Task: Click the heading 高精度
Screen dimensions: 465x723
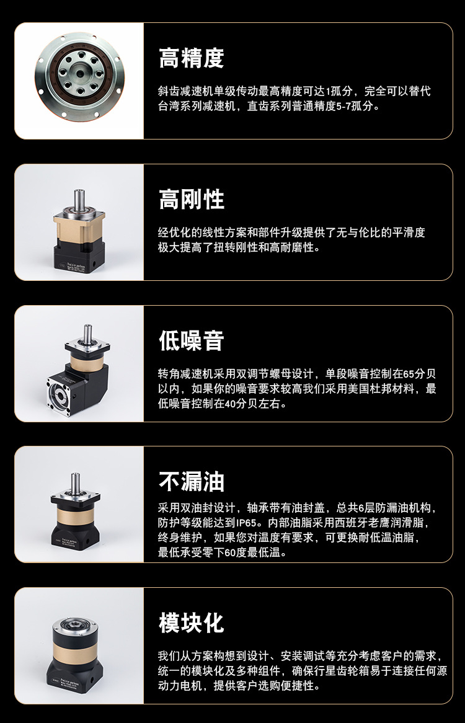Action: (191, 58)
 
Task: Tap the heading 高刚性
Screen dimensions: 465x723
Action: (191, 199)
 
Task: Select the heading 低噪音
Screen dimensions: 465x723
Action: (191, 341)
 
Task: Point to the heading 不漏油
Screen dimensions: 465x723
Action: (191, 482)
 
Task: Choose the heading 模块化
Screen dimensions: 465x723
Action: (191, 623)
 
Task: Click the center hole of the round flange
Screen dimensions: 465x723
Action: (80, 73)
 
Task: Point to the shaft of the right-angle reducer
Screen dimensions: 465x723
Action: (87, 333)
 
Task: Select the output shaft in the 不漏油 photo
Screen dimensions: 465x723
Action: (75, 483)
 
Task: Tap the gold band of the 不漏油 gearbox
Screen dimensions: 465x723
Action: (76, 515)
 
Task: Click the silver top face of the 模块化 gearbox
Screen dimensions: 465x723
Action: (74, 624)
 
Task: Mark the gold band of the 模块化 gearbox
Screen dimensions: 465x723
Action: (74, 654)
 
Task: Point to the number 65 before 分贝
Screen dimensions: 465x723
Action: (407, 374)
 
